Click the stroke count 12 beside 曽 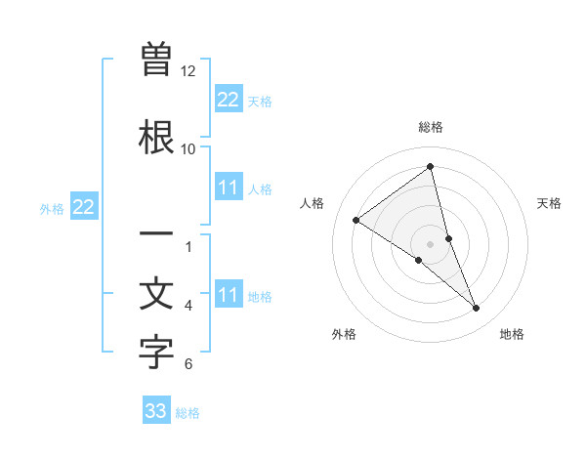coord(188,71)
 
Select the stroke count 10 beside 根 coord(188,149)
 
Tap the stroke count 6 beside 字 coord(188,364)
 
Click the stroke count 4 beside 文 coord(188,306)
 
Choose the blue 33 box coord(156,411)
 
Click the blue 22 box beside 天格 coord(229,99)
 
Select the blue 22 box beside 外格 coord(84,206)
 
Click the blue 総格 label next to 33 coord(188,413)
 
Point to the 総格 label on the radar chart coord(431,127)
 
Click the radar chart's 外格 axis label coord(344,334)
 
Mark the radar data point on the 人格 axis coord(356,220)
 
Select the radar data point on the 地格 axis coord(477,309)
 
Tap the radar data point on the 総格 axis coord(431,166)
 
